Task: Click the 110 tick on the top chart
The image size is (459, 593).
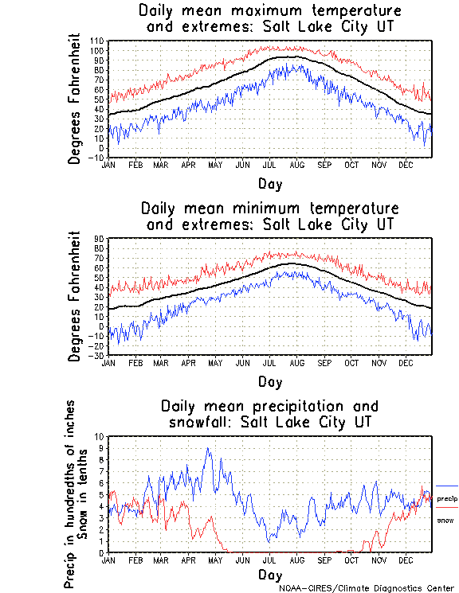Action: coord(97,41)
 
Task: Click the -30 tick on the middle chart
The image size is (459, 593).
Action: coord(97,355)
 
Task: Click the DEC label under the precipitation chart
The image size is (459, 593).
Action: coord(406,560)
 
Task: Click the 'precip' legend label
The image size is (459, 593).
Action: coord(446,498)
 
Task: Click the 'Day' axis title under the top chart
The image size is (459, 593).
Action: coord(269,184)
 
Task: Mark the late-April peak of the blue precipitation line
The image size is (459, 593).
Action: coord(209,448)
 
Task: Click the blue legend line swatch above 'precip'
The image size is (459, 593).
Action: coord(446,486)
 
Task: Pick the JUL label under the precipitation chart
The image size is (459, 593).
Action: coord(270,560)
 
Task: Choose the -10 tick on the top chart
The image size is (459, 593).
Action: coord(96,158)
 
